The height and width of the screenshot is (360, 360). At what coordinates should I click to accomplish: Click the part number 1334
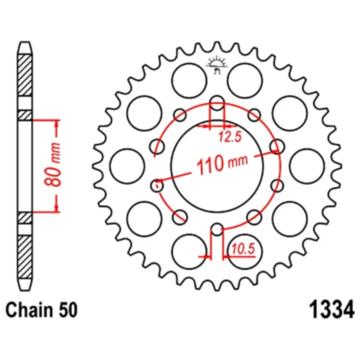[x=328, y=307]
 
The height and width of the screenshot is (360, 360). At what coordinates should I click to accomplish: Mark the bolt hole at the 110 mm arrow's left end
[x=157, y=185]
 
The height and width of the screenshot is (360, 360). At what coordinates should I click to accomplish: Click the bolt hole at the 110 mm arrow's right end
[x=276, y=147]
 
